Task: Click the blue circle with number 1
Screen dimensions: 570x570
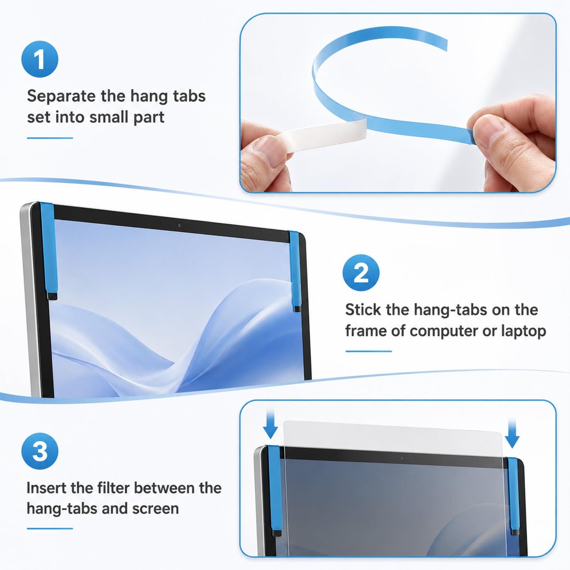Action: (39, 59)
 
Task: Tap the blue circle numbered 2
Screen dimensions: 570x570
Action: (361, 273)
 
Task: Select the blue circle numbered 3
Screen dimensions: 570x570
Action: (39, 451)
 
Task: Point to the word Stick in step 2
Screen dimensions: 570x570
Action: (363, 310)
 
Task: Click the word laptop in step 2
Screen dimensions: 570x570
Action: (523, 332)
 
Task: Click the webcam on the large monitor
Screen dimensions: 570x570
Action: (180, 226)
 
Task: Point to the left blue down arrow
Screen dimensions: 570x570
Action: (270, 424)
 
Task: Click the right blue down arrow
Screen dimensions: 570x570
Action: (512, 432)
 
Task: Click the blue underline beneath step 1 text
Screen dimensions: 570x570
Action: (50, 138)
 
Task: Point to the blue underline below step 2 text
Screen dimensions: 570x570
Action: (368, 351)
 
